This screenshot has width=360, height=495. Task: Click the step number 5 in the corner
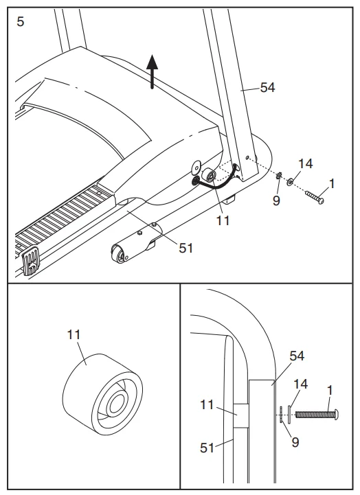(x=20, y=21)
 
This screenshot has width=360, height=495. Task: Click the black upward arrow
(x=153, y=71)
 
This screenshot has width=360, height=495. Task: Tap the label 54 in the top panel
(x=269, y=87)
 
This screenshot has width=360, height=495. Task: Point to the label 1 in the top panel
(x=333, y=183)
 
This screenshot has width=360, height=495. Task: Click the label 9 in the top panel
(x=276, y=201)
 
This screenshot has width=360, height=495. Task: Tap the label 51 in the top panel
(x=185, y=248)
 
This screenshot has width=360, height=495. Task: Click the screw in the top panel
(x=315, y=196)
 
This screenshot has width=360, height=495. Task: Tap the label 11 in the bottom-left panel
(x=74, y=335)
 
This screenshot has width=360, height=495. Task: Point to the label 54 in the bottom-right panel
(x=296, y=356)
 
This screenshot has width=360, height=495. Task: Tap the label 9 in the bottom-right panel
(x=295, y=443)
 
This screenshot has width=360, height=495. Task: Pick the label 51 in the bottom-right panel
(x=208, y=448)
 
